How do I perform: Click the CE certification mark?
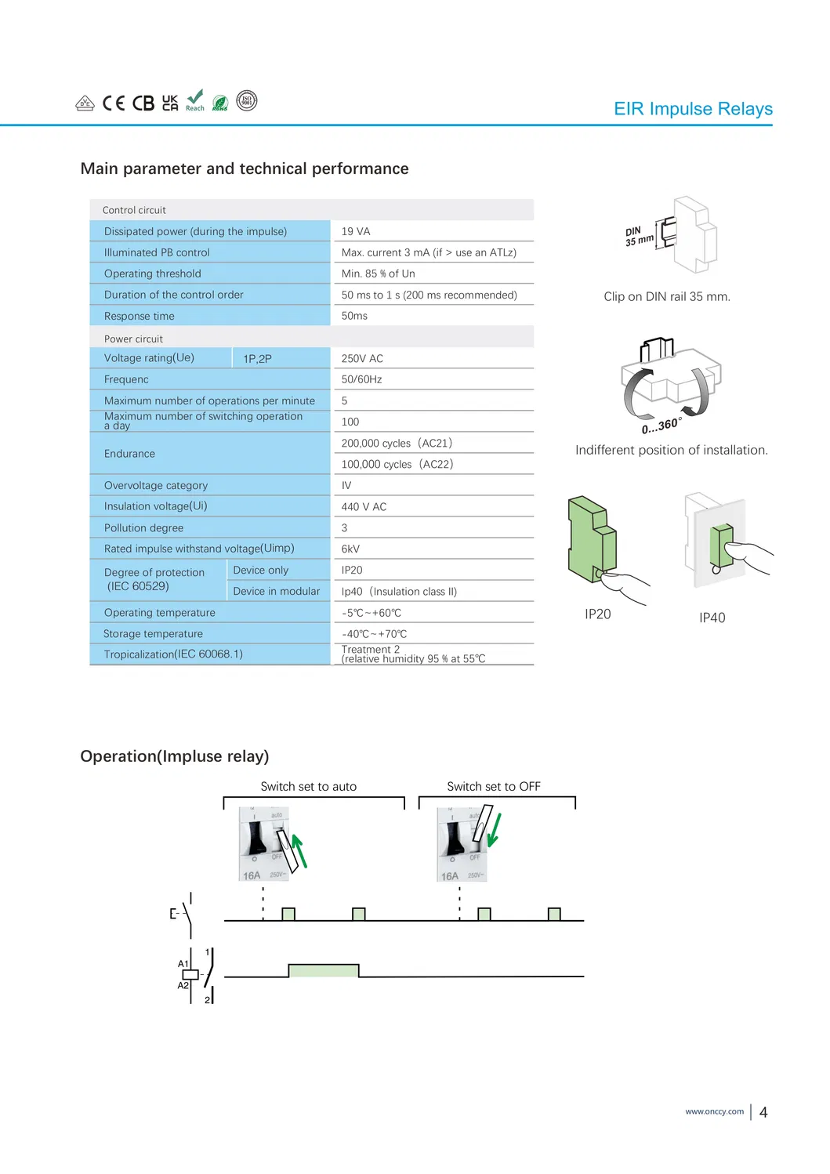click(x=114, y=103)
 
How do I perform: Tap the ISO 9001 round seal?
click(x=246, y=101)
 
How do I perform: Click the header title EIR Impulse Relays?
click(x=693, y=109)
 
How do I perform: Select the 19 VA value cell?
click(x=356, y=231)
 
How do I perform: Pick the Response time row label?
click(x=140, y=316)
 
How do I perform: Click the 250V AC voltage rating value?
click(x=362, y=358)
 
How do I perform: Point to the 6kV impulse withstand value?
click(x=350, y=549)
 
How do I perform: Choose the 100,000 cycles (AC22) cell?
click(x=397, y=464)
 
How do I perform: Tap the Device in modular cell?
click(x=276, y=591)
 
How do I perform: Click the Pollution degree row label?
click(x=143, y=527)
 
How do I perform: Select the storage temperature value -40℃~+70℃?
click(x=374, y=634)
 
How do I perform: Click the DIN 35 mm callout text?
click(x=639, y=235)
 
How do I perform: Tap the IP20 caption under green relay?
click(x=597, y=614)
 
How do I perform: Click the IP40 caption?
click(x=712, y=618)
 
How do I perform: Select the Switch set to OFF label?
click(x=493, y=786)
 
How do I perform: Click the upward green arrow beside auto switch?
click(x=299, y=851)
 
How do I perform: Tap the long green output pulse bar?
click(x=324, y=970)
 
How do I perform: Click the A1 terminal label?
click(x=183, y=964)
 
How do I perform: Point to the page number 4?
click(x=763, y=1112)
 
